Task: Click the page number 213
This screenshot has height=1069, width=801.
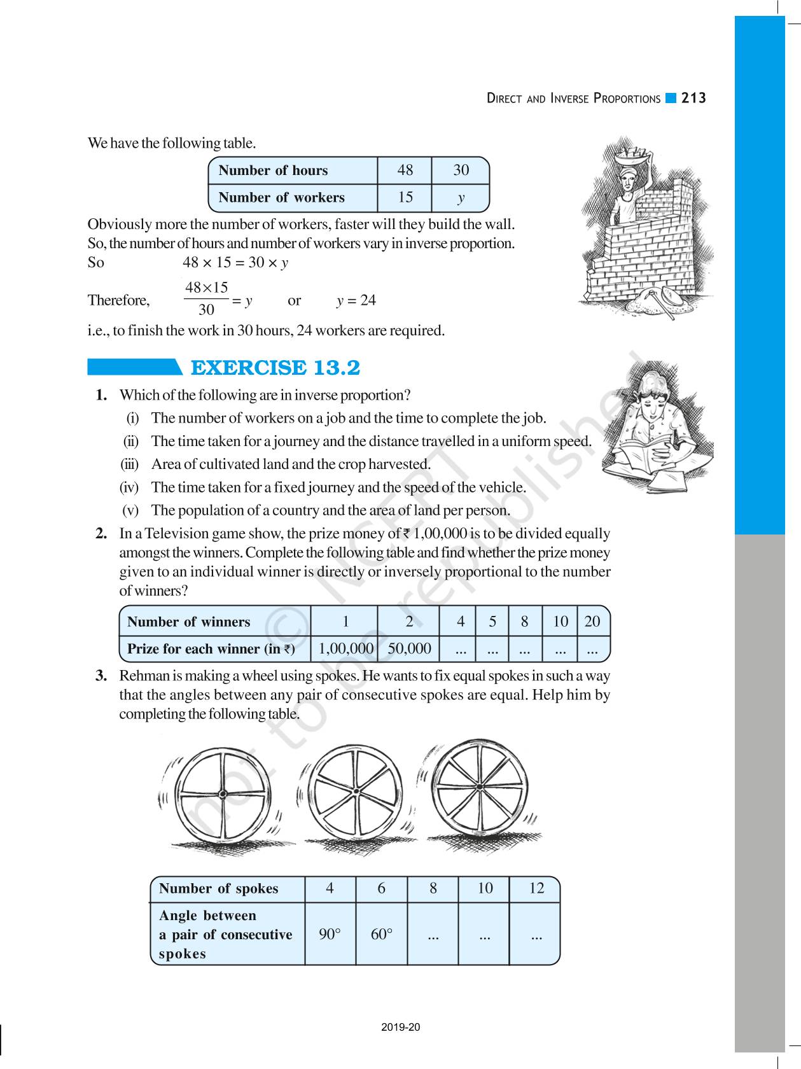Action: click(x=693, y=98)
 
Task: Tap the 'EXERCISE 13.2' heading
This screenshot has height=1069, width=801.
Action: click(x=275, y=368)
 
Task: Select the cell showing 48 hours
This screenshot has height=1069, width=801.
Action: click(x=405, y=170)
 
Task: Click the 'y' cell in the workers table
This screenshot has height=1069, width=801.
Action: click(x=461, y=197)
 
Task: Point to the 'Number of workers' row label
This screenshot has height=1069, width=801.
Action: click(x=281, y=197)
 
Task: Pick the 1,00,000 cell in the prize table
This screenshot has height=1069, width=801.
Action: click(x=345, y=648)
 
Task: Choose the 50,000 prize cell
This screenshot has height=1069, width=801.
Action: click(x=409, y=648)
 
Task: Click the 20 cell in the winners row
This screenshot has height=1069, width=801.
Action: click(x=592, y=621)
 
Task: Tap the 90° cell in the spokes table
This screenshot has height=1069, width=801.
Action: click(x=330, y=934)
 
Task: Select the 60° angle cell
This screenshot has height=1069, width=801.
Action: click(x=381, y=934)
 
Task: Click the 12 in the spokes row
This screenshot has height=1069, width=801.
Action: click(x=536, y=888)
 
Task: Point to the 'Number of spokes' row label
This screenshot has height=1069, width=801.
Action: click(x=218, y=888)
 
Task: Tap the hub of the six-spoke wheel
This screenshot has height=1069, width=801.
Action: click(x=354, y=793)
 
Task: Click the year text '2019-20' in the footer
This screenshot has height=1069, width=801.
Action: click(x=401, y=1027)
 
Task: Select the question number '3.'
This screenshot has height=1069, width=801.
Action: click(x=101, y=676)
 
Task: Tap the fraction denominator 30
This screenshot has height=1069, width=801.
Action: click(x=206, y=311)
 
